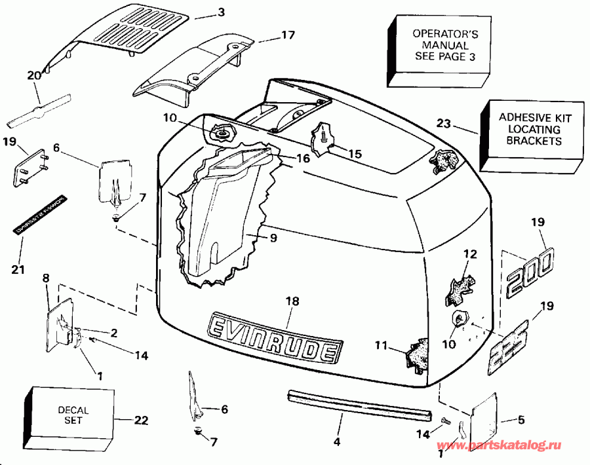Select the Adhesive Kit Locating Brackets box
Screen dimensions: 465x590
(530, 129)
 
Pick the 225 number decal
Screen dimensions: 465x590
(514, 344)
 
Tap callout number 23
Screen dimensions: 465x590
(443, 122)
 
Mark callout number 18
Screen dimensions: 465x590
(292, 301)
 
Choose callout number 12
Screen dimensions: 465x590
(467, 254)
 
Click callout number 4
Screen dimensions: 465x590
(336, 442)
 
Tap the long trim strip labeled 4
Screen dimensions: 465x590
(359, 404)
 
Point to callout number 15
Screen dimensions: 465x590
(354, 154)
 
